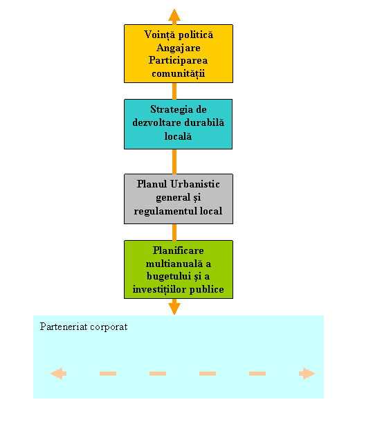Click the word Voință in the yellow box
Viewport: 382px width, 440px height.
click(x=159, y=35)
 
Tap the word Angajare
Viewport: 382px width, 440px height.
click(x=179, y=48)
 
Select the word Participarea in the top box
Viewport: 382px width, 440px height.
click(x=179, y=60)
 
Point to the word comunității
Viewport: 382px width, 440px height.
click(x=179, y=73)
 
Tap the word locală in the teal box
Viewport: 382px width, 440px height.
click(x=178, y=136)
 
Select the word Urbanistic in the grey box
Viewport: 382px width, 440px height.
click(x=195, y=184)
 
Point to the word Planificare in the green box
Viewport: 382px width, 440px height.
click(x=179, y=250)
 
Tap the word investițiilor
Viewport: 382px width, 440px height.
click(x=160, y=290)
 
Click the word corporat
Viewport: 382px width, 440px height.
click(x=109, y=327)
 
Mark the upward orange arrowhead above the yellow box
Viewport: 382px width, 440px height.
click(x=174, y=15)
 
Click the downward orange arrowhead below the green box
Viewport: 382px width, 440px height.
click(x=174, y=309)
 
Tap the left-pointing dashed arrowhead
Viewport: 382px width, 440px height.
click(x=58, y=374)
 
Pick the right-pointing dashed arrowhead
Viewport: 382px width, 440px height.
click(x=307, y=374)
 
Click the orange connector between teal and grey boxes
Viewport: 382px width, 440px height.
click(x=174, y=162)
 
